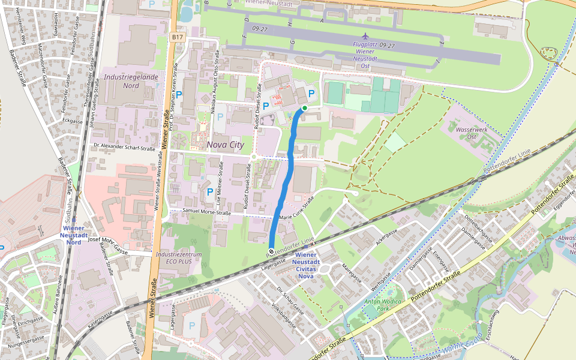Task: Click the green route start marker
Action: click(305, 108)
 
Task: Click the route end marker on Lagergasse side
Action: click(271, 251)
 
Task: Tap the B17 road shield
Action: click(177, 37)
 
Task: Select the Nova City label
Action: click(226, 145)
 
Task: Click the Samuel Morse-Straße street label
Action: click(207, 212)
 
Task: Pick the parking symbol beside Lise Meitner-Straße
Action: click(209, 192)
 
